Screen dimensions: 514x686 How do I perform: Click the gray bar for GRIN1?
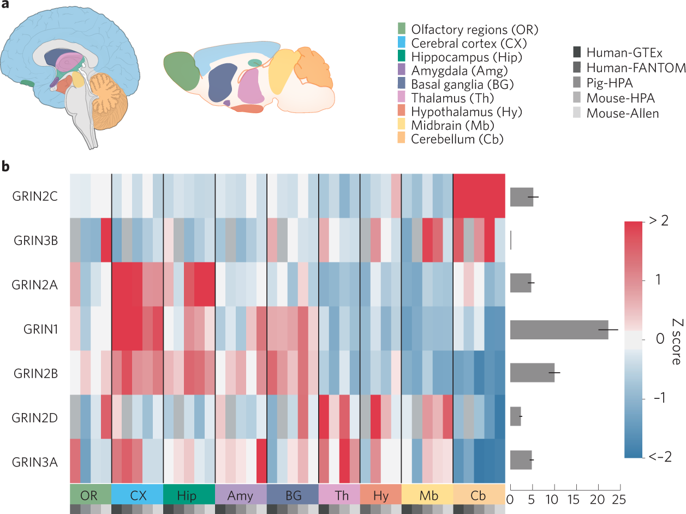point(559,330)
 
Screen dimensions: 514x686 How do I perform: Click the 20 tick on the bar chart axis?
point(599,499)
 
